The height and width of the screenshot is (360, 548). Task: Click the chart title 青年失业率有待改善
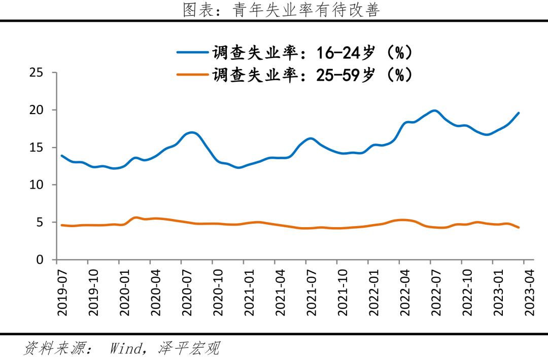(281, 10)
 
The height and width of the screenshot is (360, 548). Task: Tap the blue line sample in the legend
(192, 52)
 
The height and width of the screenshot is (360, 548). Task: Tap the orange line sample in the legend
(192, 75)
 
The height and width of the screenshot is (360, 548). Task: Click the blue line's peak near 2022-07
(434, 111)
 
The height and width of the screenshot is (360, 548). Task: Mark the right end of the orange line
(519, 228)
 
